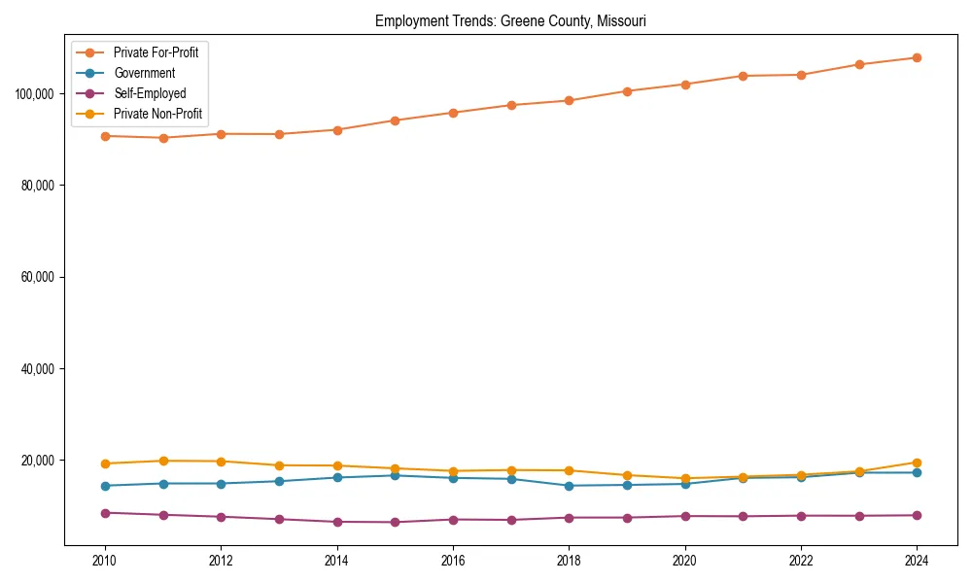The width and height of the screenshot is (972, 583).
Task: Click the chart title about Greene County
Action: click(510, 20)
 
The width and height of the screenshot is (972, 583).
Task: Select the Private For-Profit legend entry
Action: click(156, 52)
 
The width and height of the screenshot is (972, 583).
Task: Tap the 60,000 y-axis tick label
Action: click(38, 277)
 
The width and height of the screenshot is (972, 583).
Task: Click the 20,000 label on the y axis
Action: click(38, 461)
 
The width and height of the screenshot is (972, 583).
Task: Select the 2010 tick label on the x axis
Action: click(105, 561)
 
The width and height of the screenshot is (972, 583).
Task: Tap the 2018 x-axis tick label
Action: click(570, 561)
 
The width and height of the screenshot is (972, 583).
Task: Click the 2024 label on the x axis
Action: click(917, 561)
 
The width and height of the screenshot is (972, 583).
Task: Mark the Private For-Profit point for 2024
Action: click(917, 57)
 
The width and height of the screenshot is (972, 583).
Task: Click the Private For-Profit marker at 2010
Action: click(105, 136)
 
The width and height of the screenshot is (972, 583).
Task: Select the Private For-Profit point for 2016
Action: click(453, 113)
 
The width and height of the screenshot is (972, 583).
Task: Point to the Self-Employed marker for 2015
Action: click(395, 522)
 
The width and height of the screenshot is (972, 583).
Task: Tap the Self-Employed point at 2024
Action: click(917, 515)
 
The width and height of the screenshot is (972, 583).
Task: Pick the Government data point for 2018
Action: click(570, 486)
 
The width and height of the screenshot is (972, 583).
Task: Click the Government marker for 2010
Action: click(105, 486)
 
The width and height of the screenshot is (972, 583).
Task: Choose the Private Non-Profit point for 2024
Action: click(917, 463)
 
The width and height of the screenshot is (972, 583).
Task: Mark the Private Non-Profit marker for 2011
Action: click(163, 461)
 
